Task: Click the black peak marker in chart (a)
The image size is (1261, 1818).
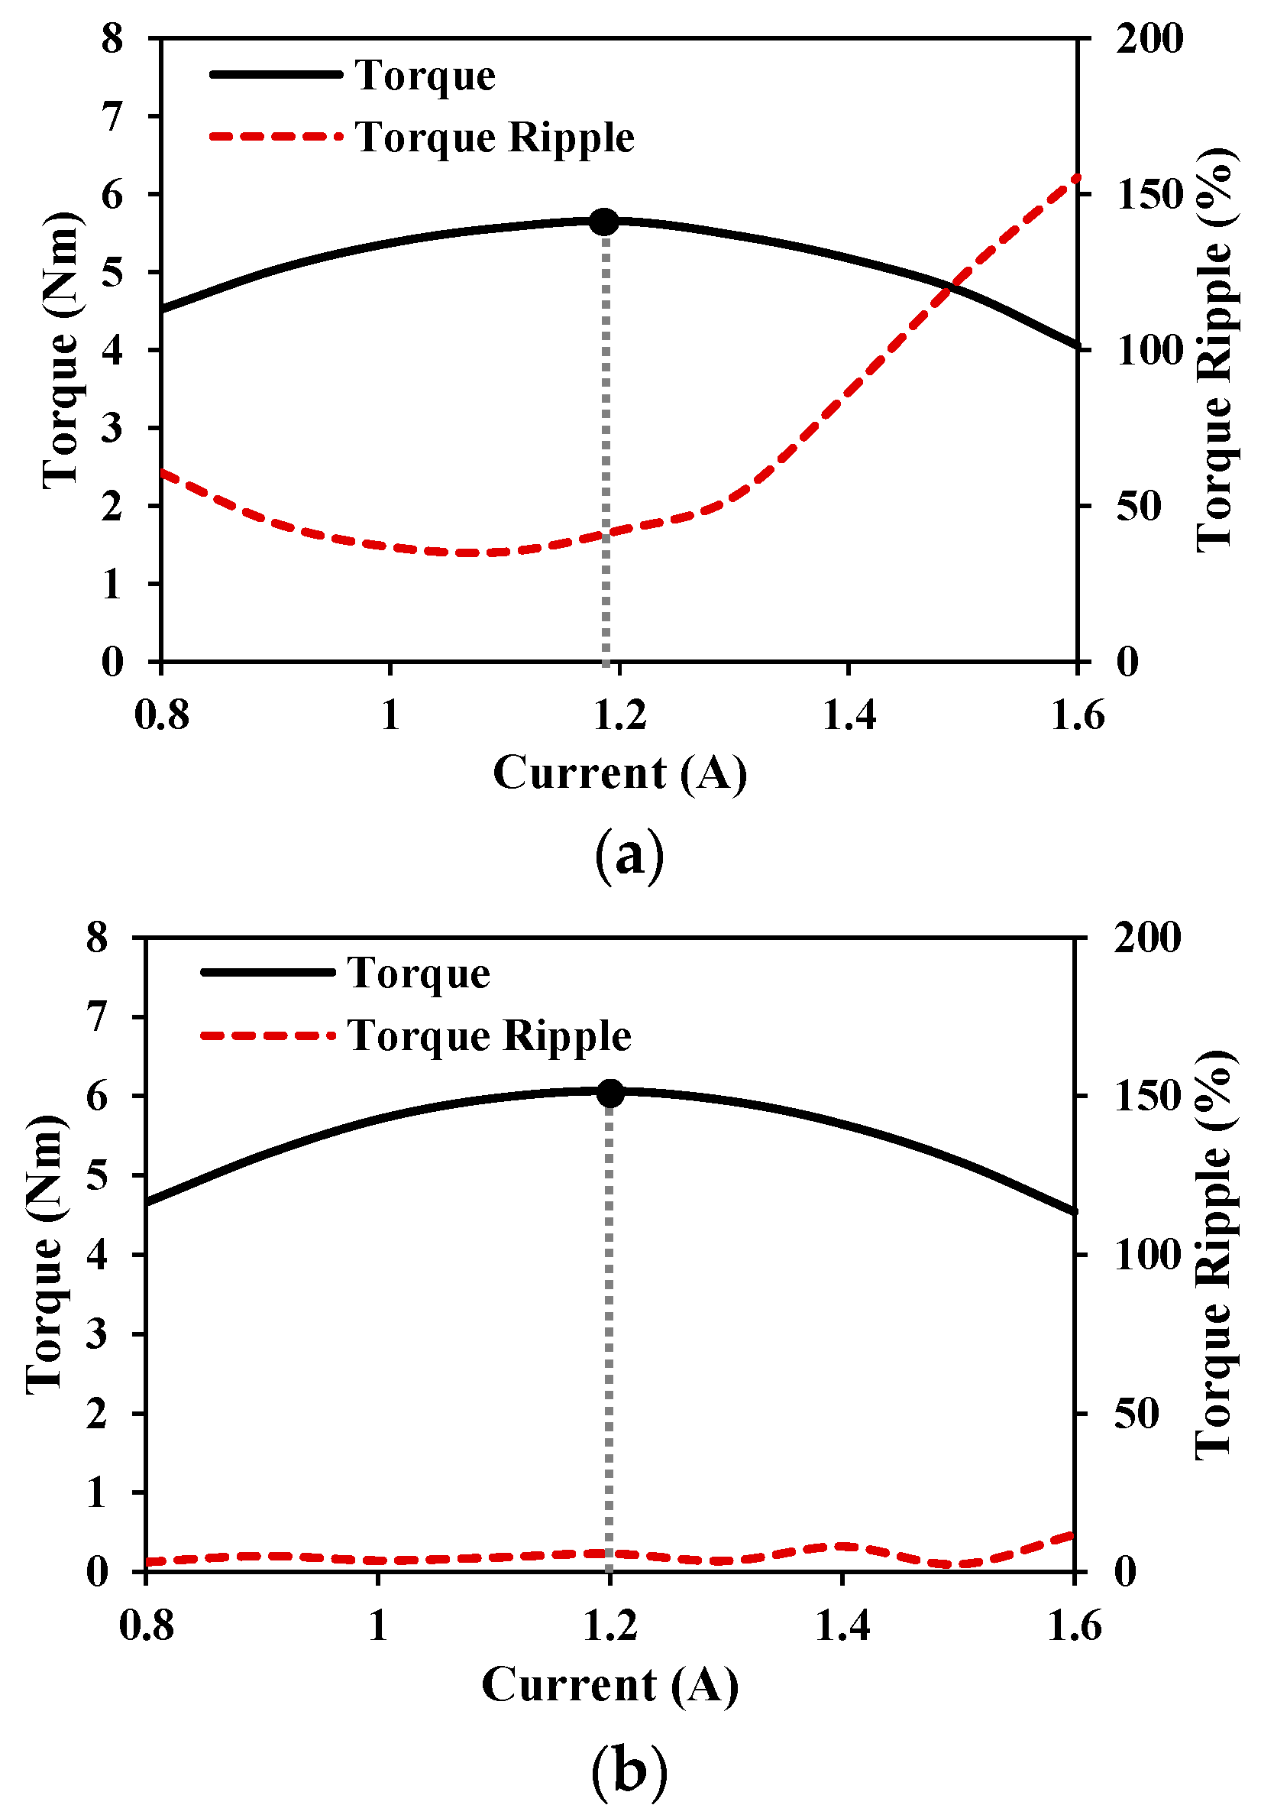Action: click(x=604, y=222)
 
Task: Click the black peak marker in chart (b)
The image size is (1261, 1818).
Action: click(x=610, y=1094)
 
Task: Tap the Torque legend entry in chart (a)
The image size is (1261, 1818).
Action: click(x=425, y=76)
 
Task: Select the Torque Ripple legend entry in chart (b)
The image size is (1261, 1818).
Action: click(x=489, y=1035)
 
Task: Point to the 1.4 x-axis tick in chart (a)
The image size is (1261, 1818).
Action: click(x=849, y=715)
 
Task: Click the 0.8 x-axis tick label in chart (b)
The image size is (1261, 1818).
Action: click(x=146, y=1627)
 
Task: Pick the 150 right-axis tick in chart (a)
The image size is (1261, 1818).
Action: click(x=1149, y=194)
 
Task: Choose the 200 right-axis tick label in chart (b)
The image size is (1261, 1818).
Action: click(x=1147, y=938)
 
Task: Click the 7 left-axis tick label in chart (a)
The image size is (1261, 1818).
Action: click(x=113, y=117)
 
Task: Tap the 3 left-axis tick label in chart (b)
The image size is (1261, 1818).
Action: click(x=97, y=1334)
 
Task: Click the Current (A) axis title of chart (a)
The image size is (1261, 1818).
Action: click(x=619, y=773)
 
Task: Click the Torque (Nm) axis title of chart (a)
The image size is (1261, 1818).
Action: click(x=61, y=350)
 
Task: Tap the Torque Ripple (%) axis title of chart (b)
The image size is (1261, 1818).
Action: click(x=1214, y=1255)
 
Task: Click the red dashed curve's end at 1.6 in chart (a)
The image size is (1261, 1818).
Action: click(x=1077, y=177)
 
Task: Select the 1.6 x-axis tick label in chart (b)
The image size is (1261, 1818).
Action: click(x=1075, y=1627)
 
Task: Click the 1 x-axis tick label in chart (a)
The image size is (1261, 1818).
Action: click(x=390, y=715)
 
